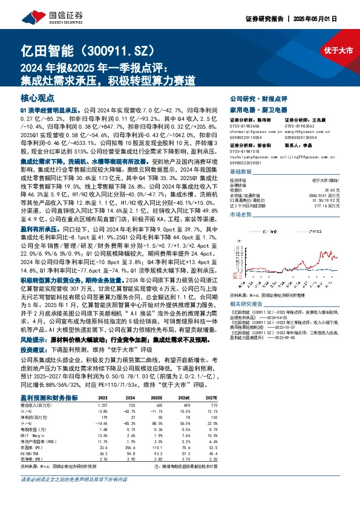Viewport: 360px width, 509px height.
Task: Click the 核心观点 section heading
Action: (38, 97)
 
